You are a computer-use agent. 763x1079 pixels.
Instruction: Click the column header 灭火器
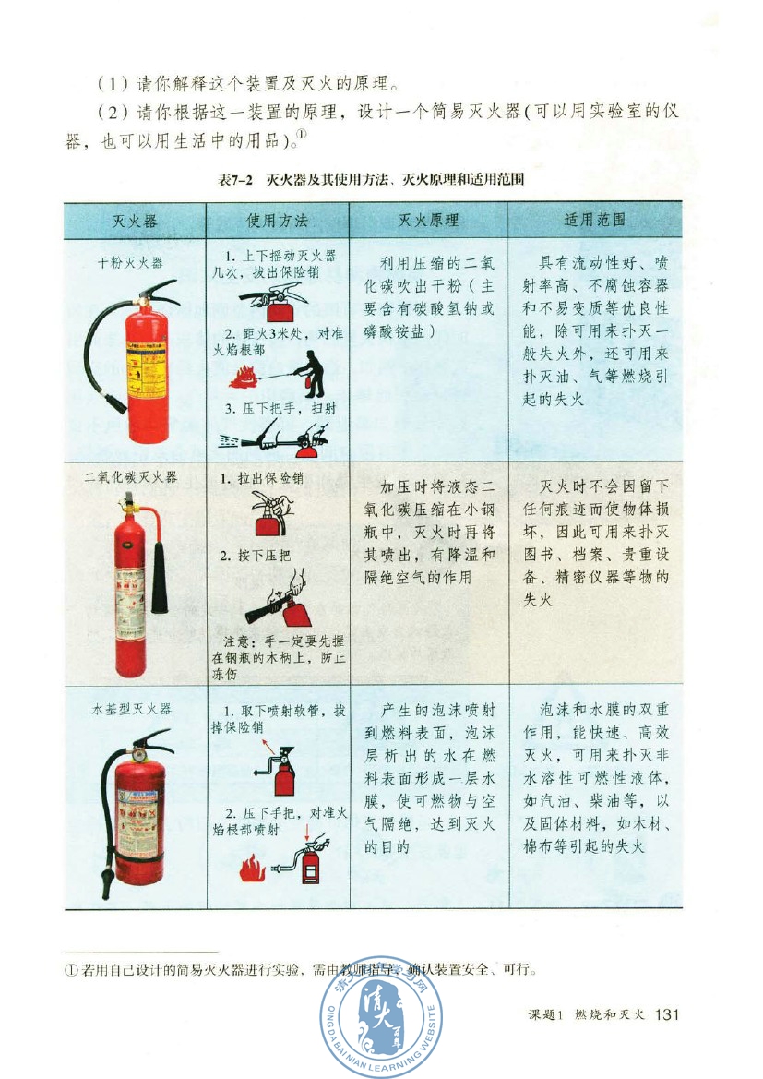135,221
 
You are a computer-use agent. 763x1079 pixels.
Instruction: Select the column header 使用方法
277,221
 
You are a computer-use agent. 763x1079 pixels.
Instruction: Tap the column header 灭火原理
428,221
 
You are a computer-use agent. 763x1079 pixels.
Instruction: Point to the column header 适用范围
594,221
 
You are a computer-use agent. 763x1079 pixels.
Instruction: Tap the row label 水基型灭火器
131,709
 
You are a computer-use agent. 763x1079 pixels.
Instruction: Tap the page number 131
665,1014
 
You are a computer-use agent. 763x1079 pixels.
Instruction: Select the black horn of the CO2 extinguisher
160,577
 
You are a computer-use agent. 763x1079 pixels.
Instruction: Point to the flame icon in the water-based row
251,868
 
